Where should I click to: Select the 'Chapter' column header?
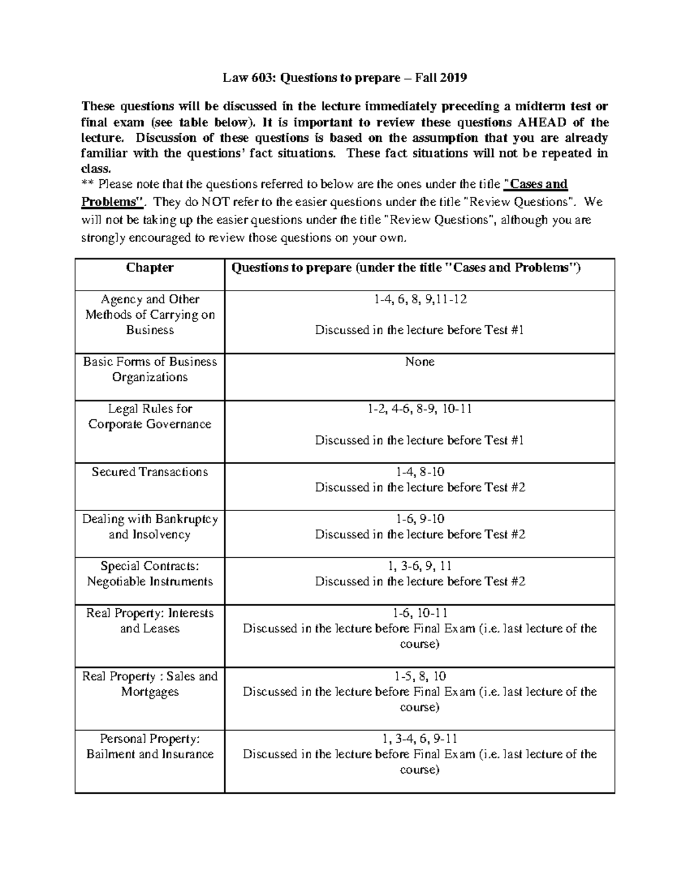149,268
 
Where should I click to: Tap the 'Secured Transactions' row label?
149,472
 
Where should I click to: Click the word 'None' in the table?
419,362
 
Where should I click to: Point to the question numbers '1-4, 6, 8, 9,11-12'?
419,299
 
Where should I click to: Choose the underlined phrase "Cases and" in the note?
536,184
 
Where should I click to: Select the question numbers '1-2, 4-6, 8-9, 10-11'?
419,409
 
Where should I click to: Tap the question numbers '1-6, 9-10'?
419,519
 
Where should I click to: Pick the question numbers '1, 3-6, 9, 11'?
419,566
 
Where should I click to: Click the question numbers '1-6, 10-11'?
419,613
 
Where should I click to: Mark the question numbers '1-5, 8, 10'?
419,677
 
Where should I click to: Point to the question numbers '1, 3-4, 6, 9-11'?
419,739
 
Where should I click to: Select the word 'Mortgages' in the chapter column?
149,692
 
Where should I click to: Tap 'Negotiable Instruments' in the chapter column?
149,582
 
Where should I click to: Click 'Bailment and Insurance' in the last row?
149,755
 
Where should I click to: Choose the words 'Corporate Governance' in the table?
149,424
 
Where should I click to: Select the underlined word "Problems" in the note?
111,202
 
